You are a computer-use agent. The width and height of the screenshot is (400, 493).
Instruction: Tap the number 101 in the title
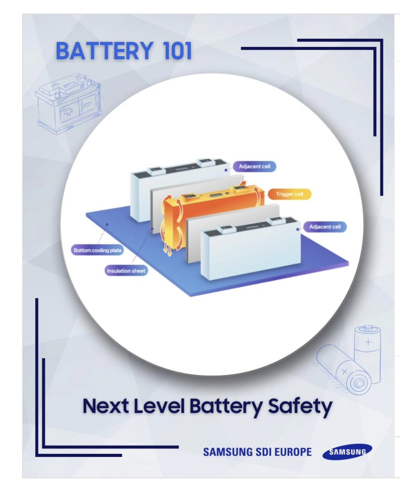click(178, 51)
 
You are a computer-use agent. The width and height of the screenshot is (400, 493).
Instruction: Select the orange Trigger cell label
click(290, 194)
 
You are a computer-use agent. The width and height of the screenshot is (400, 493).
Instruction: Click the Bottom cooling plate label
click(98, 250)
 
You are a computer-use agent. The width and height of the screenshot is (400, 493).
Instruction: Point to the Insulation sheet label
click(126, 271)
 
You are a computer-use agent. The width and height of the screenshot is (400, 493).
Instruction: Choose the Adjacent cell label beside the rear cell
click(255, 166)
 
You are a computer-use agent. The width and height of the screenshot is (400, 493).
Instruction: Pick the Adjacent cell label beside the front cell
click(325, 227)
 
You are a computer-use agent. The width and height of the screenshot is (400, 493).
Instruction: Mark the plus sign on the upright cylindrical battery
click(368, 342)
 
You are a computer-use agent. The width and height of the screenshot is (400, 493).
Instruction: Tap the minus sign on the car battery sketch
click(87, 104)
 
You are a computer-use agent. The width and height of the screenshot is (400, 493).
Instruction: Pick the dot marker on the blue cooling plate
click(107, 224)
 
